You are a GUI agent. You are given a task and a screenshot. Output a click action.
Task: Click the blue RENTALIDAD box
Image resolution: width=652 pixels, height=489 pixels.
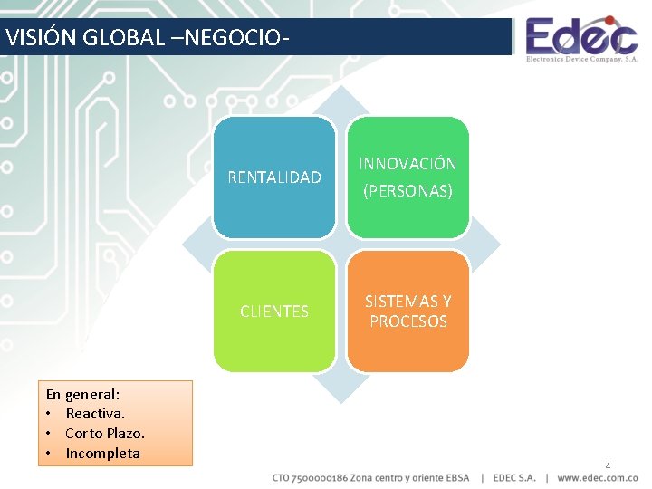click(274, 177)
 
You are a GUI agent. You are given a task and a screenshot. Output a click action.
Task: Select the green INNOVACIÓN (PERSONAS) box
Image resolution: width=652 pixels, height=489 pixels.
click(408, 177)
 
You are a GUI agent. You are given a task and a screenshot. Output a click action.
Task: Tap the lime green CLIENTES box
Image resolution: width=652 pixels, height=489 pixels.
click(274, 312)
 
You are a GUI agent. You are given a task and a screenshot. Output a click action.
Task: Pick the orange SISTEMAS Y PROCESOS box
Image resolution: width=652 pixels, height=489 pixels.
click(408, 312)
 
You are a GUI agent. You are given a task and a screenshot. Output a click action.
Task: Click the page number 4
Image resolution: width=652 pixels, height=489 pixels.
click(608, 466)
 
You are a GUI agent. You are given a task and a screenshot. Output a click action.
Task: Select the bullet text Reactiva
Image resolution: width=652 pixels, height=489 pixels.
click(95, 414)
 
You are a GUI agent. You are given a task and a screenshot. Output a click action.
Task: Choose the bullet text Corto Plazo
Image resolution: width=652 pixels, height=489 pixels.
click(105, 434)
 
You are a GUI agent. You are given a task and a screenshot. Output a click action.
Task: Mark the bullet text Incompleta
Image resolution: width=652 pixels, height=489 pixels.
click(102, 454)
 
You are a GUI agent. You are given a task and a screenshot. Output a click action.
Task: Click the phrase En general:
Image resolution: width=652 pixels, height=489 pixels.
click(83, 394)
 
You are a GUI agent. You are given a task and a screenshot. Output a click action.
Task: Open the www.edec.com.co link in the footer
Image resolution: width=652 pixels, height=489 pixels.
click(598, 477)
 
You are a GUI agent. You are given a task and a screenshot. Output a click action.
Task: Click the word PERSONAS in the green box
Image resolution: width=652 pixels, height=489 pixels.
click(407, 192)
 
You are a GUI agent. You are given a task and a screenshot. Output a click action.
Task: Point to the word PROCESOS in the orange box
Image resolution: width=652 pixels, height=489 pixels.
click(408, 321)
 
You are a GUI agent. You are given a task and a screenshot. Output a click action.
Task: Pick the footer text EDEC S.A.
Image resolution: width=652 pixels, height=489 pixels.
click(515, 477)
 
